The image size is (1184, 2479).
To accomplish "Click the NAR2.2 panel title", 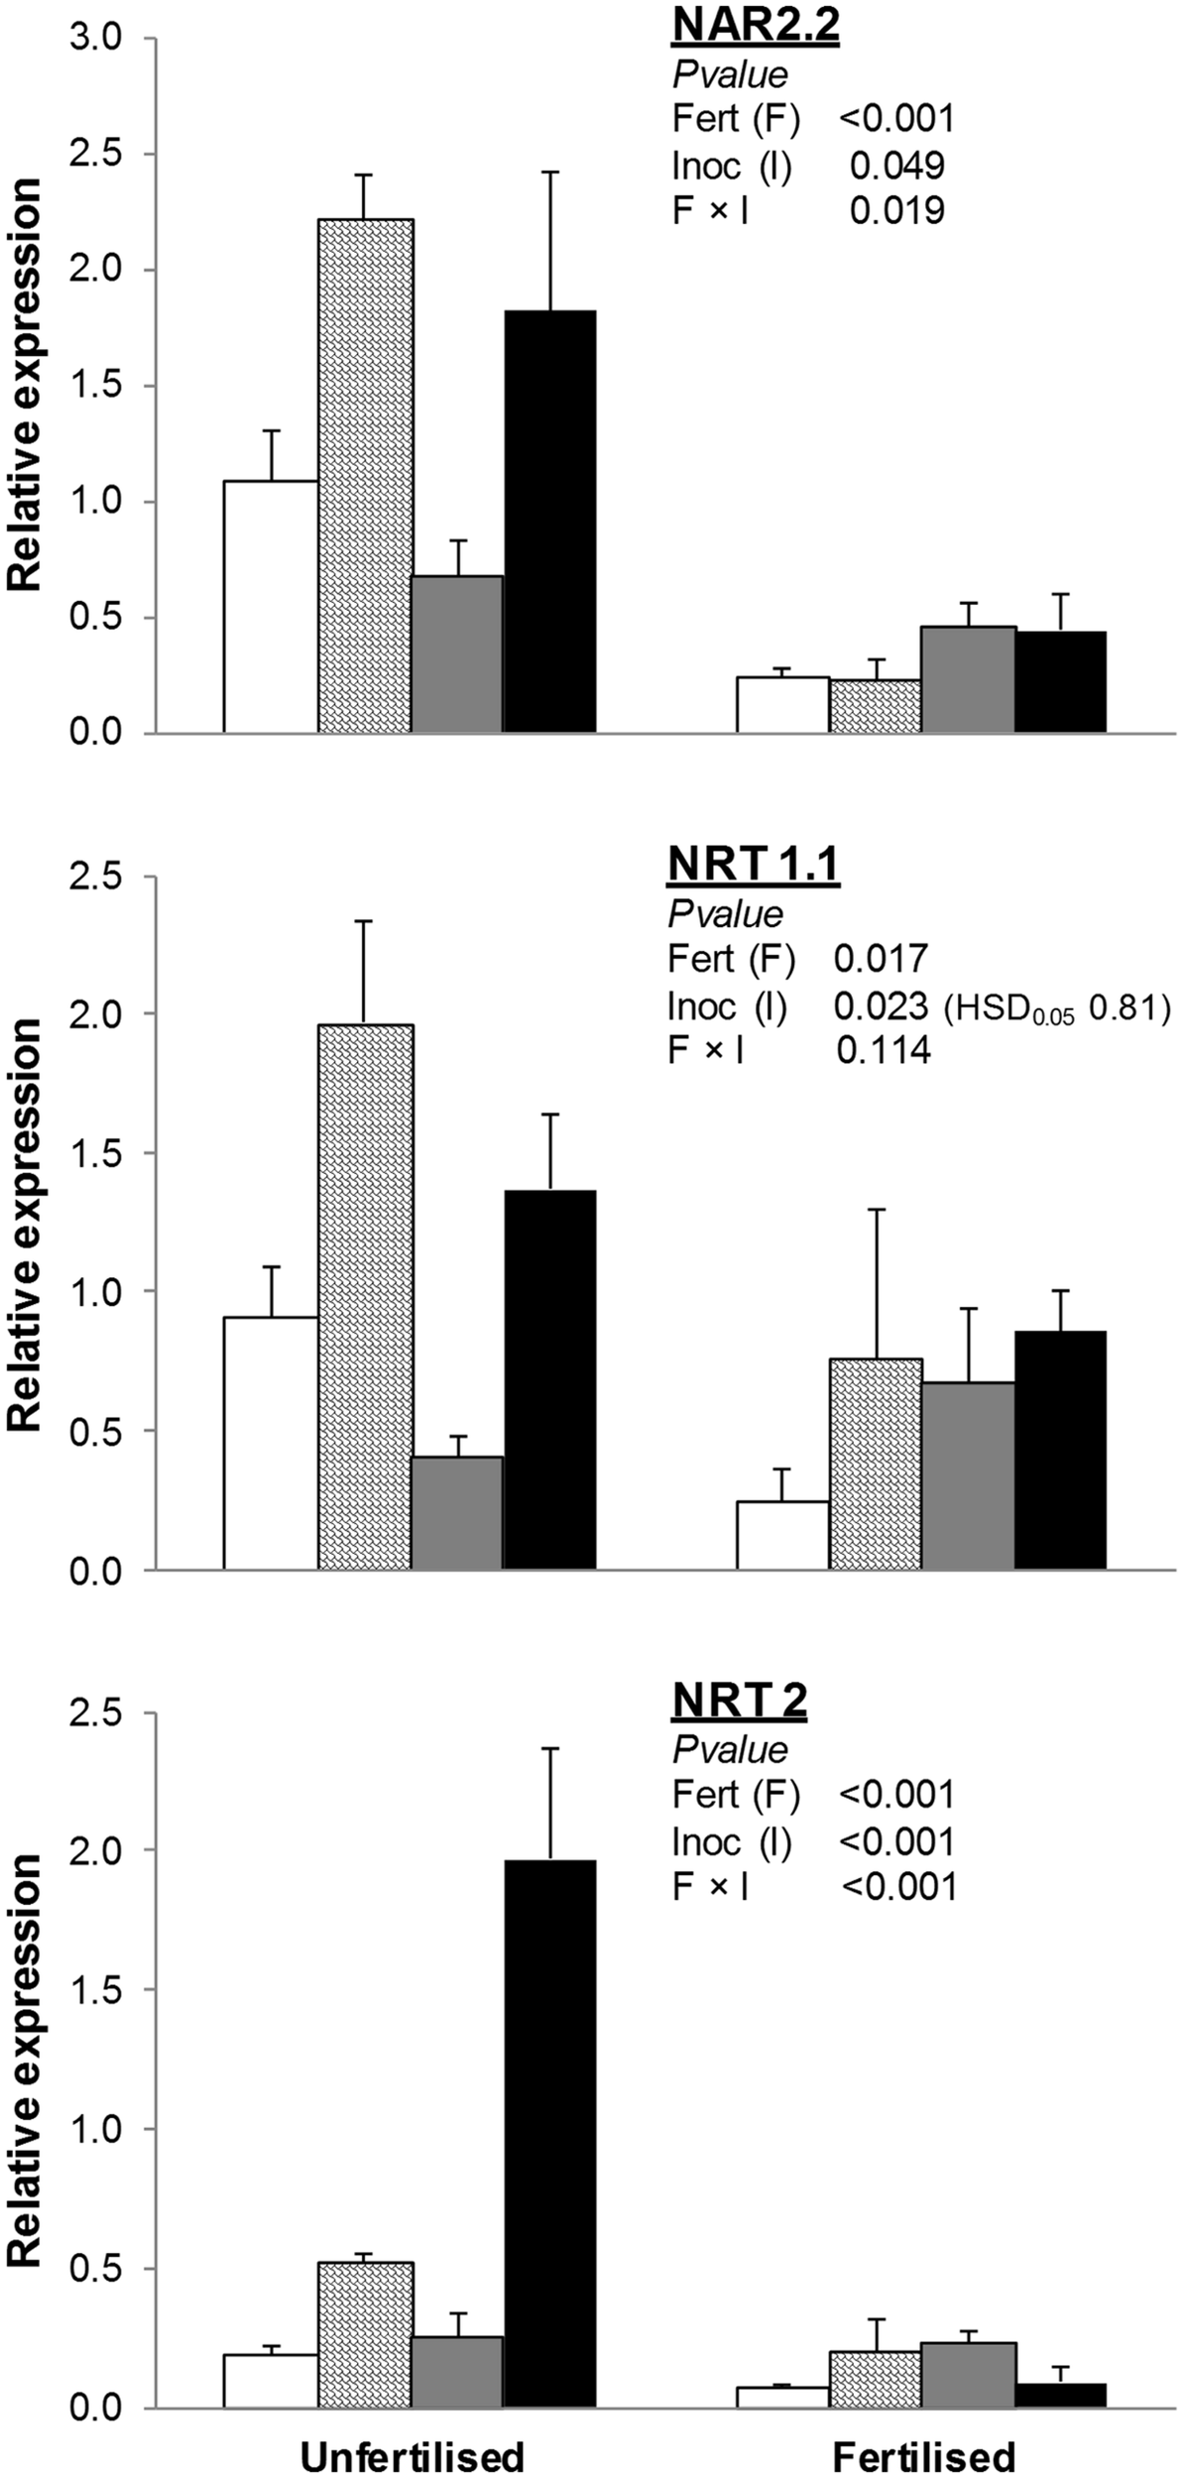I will coord(755,28).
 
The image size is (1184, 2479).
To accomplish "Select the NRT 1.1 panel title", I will coord(753,865).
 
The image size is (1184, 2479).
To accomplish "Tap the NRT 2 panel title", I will coord(739,1702).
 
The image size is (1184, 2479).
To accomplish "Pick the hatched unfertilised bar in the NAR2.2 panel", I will coord(365,476).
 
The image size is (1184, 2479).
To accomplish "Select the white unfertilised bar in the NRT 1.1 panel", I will coord(271,1443).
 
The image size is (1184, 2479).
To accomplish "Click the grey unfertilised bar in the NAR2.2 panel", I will coord(457,654).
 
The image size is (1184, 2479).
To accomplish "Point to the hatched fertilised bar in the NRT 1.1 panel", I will coord(876,1464).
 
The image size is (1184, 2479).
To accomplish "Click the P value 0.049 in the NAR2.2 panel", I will coord(896,166).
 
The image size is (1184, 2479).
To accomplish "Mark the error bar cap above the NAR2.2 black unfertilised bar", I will coord(550,173).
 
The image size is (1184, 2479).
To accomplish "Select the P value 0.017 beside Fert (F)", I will coord(881,958).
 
